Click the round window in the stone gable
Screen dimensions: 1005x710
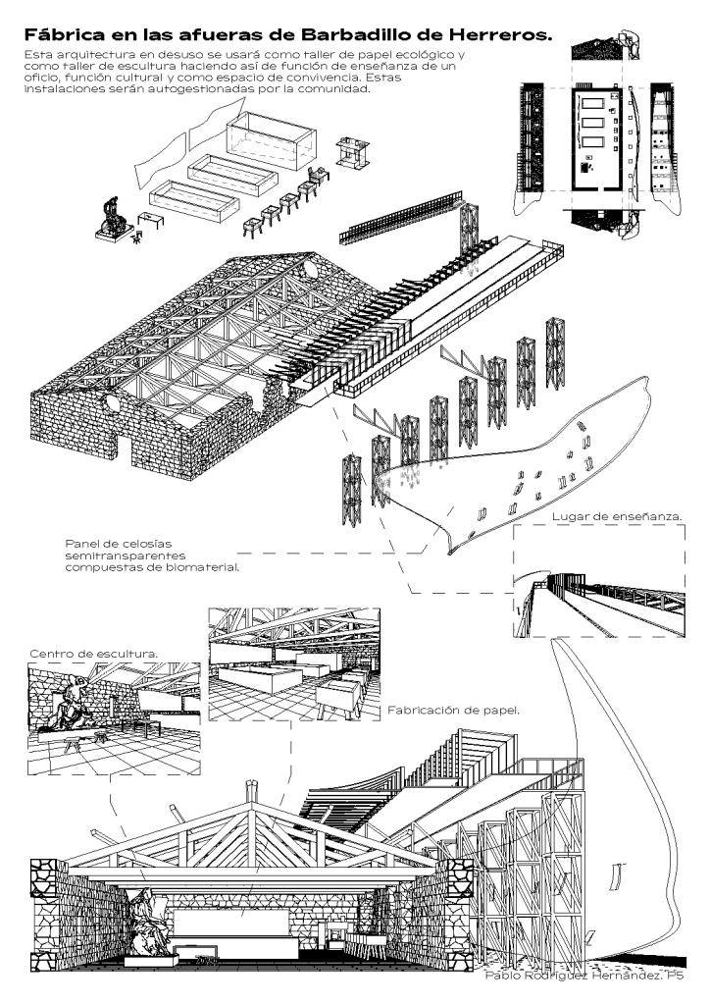(x=313, y=263)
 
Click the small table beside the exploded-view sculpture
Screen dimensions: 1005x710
(x=151, y=216)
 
